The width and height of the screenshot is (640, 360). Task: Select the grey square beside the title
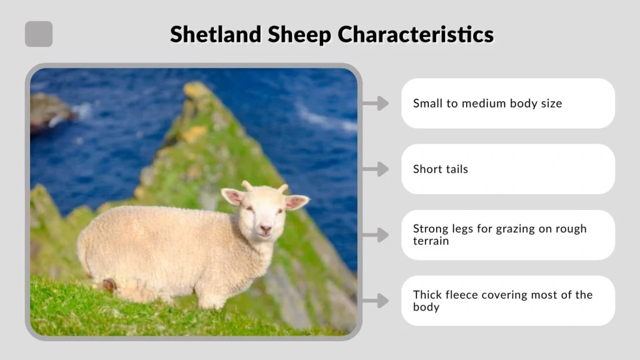[39, 34]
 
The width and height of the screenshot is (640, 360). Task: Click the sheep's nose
[265, 229]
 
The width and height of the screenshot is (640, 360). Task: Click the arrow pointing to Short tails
[375, 169]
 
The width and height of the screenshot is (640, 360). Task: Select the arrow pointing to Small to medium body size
[375, 103]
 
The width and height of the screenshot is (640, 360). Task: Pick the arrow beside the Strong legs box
[375, 235]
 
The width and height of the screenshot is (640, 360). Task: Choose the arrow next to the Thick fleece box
[375, 301]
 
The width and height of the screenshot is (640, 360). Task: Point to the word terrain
[431, 241]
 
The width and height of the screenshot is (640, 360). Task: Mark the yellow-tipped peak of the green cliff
[197, 91]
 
